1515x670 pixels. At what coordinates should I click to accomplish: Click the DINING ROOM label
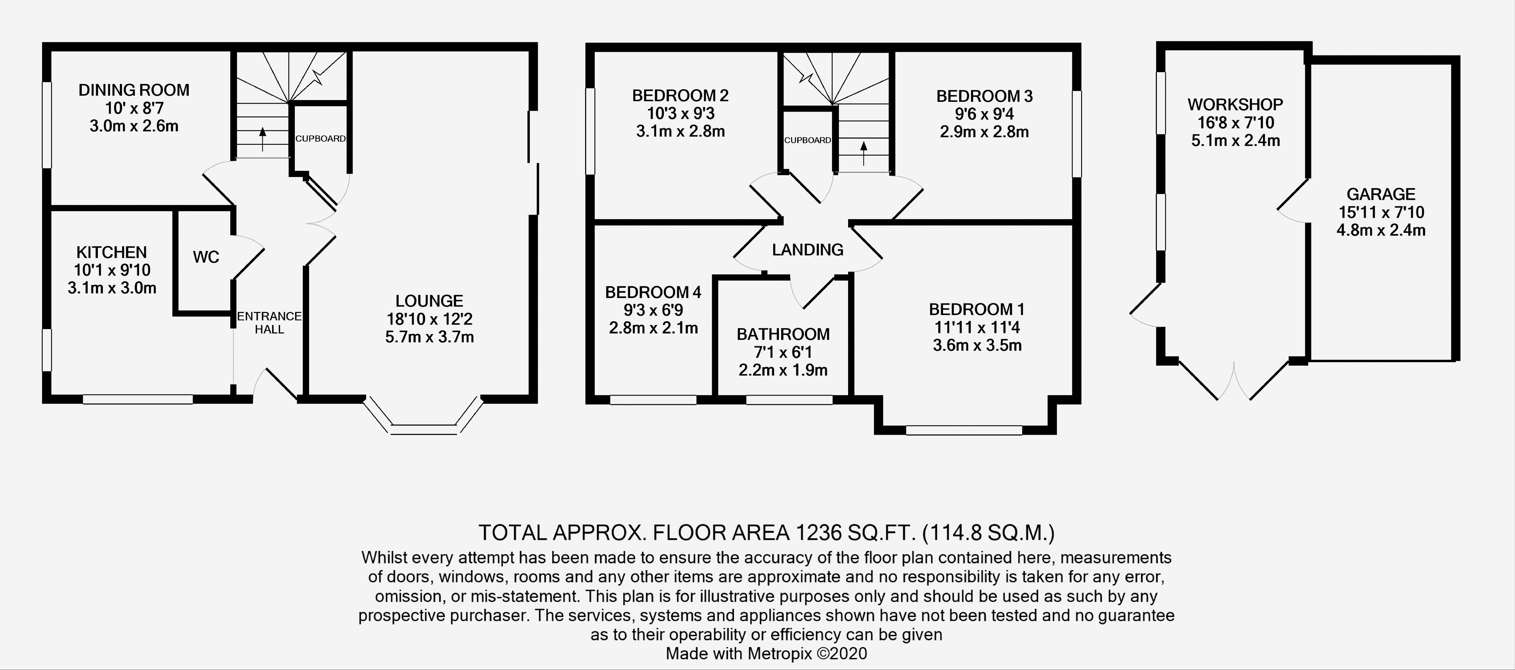(134, 90)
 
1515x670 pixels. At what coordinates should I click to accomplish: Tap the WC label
(206, 257)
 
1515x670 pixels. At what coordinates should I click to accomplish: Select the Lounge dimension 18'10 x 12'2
(429, 320)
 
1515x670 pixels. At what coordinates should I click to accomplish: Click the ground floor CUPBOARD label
(321, 139)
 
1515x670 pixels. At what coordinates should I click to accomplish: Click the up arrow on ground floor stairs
(262, 138)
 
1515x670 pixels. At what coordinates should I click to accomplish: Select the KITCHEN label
(112, 252)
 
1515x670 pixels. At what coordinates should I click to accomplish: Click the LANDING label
(807, 250)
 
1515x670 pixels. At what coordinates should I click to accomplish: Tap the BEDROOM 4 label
(653, 292)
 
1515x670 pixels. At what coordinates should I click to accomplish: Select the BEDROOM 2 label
(681, 95)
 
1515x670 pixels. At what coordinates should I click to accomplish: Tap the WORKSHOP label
(1235, 105)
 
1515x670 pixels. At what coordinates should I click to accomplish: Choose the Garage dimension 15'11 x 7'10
(1381, 212)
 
